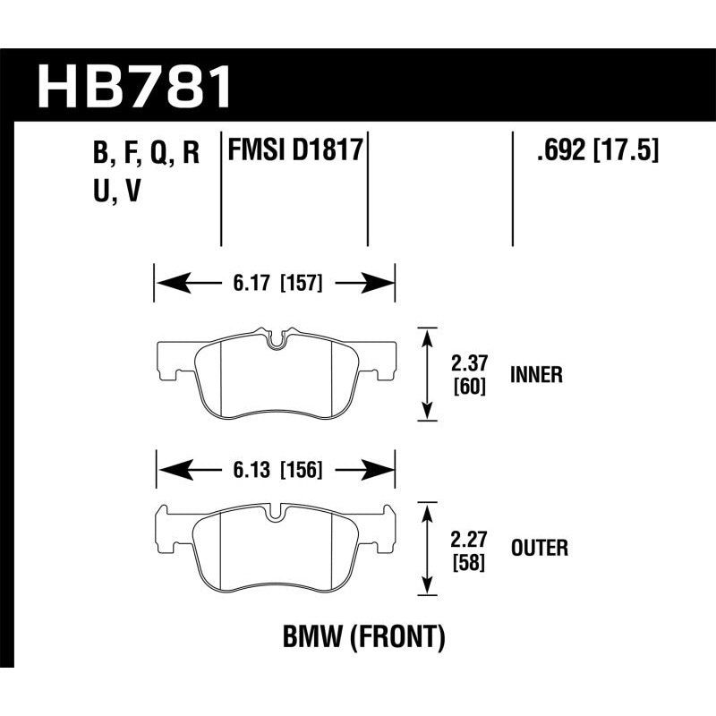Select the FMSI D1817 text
[295, 150]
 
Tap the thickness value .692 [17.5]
[597, 150]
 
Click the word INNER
[536, 375]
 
